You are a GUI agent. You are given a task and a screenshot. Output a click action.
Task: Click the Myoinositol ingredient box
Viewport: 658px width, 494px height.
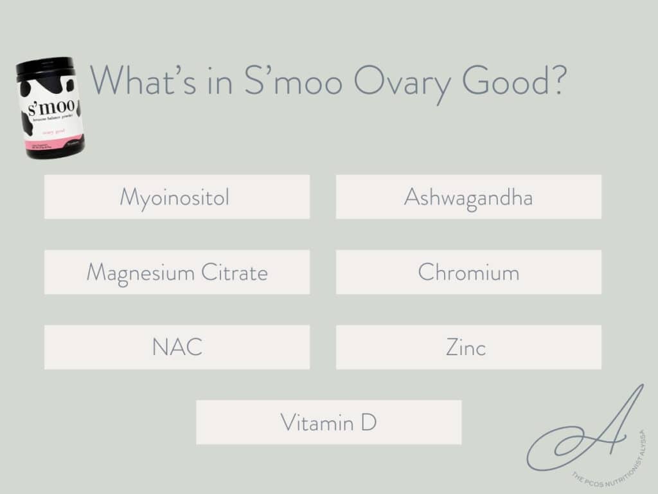pyautogui.click(x=177, y=197)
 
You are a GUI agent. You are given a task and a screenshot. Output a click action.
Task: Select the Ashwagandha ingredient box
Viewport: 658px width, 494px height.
pyautogui.click(x=468, y=197)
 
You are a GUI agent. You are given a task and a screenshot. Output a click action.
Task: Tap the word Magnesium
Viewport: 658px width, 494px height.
pyautogui.click(x=139, y=273)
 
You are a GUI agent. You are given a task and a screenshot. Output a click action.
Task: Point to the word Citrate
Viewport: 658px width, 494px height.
pyautogui.click(x=234, y=273)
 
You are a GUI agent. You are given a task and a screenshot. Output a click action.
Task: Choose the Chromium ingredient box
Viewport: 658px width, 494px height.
pyautogui.click(x=468, y=272)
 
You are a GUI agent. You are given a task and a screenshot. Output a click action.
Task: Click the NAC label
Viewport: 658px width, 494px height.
pyautogui.click(x=177, y=347)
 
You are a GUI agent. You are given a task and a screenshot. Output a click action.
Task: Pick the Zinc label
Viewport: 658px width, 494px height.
pyautogui.click(x=466, y=347)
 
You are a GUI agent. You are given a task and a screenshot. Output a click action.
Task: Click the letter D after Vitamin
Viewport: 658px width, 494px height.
pyautogui.click(x=368, y=423)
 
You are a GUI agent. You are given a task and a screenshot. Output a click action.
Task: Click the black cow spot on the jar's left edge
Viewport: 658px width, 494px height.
pyautogui.click(x=26, y=123)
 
